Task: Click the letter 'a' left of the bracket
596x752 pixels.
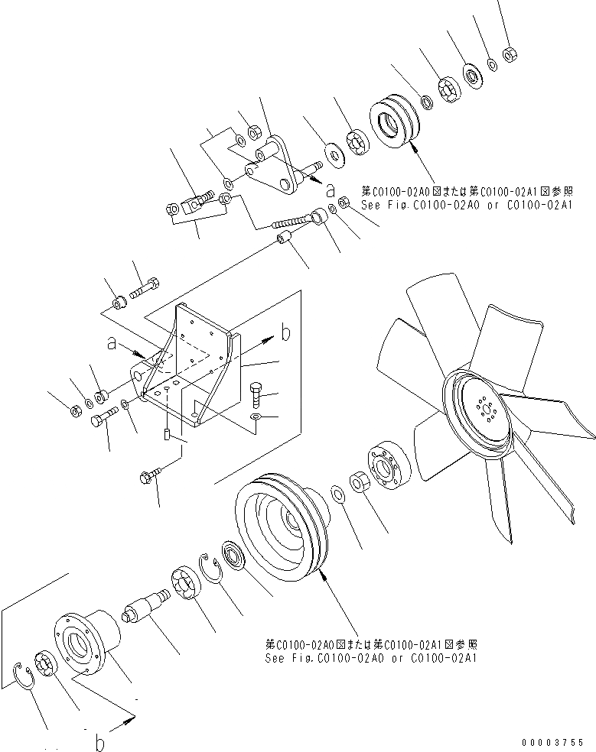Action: [112, 345]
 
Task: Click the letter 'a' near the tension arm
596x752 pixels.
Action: [330, 187]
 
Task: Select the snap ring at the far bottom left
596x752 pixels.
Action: [25, 677]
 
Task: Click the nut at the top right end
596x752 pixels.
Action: [508, 54]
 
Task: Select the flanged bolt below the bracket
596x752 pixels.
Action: [150, 477]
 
